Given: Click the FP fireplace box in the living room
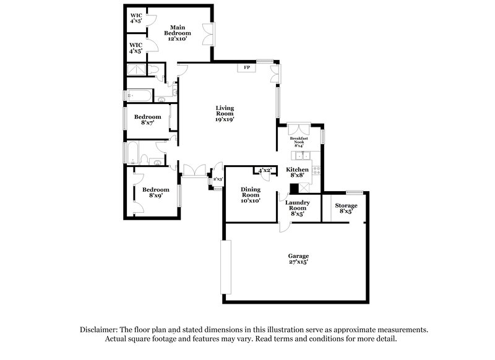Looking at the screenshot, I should click(246, 67).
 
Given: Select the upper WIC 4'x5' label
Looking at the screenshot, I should click(136, 17).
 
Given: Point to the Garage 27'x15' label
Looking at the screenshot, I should click(298, 259).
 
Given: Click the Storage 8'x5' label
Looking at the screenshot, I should click(346, 208).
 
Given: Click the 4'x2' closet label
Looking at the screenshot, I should click(265, 170).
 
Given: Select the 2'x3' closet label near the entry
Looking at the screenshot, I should click(218, 179).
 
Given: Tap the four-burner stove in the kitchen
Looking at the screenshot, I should click(316, 170).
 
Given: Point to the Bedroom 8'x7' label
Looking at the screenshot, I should click(148, 119).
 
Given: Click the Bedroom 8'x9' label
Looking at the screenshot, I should click(155, 192).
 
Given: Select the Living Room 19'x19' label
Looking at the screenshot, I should click(225, 113).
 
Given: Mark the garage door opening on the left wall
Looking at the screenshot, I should click(226, 267).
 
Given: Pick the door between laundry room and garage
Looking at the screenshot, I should click(283, 226).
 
